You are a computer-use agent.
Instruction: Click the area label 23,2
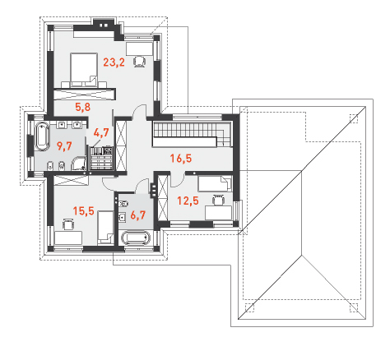point(114,62)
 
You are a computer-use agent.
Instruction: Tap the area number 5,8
point(83,107)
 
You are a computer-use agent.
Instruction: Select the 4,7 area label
point(101,132)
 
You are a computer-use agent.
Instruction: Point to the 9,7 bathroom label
point(64,146)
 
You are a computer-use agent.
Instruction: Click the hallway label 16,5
point(181,159)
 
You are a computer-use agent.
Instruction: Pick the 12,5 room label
point(188,201)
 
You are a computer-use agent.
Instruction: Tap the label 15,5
point(84,211)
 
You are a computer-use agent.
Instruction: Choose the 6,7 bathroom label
point(137,215)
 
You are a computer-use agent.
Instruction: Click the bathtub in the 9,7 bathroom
point(42,136)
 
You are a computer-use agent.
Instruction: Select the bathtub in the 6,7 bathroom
point(136,238)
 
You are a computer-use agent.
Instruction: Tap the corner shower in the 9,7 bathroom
point(79,164)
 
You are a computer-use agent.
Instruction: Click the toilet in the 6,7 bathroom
point(124,204)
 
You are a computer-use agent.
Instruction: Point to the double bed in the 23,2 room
point(84,70)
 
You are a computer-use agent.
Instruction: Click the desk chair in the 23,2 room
point(140,62)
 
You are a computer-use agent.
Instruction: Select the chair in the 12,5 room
point(218,200)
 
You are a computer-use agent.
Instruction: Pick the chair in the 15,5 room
point(68,224)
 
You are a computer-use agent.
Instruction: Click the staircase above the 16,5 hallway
point(192,134)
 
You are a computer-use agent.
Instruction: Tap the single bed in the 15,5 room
point(105,228)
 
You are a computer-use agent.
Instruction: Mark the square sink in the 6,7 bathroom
point(123,217)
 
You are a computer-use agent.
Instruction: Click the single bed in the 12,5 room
point(215,183)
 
